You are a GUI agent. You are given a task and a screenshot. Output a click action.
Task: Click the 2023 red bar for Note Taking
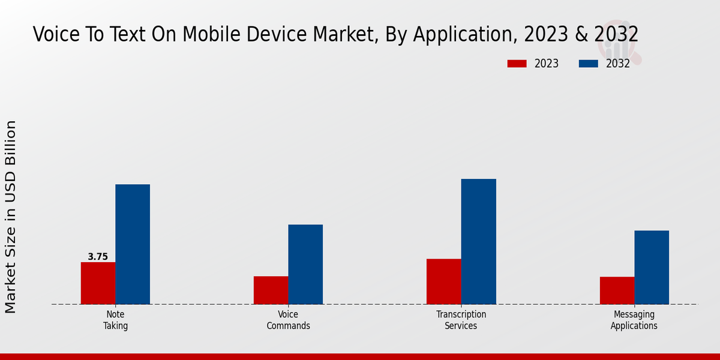click(98, 283)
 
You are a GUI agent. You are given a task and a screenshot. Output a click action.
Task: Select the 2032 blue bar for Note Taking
click(133, 244)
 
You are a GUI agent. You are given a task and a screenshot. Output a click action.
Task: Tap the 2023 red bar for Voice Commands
click(271, 290)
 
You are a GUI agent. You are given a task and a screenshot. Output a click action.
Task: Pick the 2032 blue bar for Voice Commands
click(305, 264)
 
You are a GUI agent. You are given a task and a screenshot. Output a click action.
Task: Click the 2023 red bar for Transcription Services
click(444, 281)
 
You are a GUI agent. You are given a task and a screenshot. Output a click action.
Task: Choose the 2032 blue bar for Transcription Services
click(479, 241)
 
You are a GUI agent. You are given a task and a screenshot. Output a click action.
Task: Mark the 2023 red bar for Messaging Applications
click(617, 290)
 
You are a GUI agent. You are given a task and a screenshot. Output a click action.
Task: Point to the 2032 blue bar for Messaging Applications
click(652, 267)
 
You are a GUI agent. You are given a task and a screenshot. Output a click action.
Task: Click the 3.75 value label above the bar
click(98, 257)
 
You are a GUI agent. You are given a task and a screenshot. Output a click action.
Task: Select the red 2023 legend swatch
click(517, 64)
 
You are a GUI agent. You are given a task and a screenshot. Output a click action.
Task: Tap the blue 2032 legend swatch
click(588, 64)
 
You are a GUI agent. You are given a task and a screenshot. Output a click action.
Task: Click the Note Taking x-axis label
click(115, 320)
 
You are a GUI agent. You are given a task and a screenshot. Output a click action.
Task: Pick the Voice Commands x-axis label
click(288, 320)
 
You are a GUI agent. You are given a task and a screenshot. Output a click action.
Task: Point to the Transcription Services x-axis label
click(461, 320)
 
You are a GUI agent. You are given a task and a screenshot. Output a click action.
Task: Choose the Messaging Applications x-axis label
click(634, 320)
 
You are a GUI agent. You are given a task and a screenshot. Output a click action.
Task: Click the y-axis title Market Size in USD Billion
click(11, 217)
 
